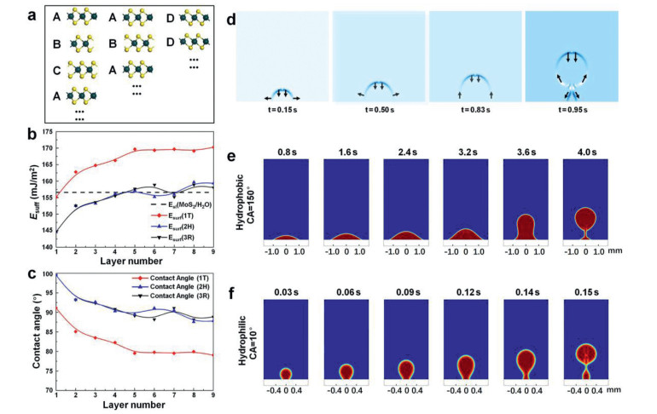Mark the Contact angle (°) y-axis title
click(x=11, y=332)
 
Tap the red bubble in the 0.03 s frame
click(x=286, y=373)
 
